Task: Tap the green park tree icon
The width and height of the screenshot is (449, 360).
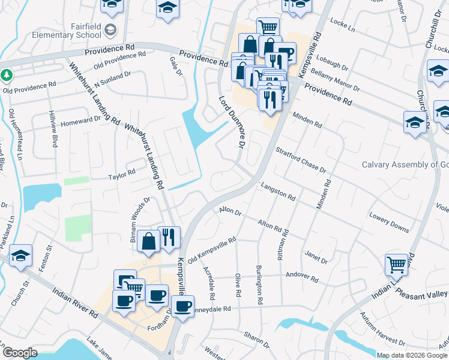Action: tap(7, 76)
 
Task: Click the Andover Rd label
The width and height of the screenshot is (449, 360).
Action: tap(303, 277)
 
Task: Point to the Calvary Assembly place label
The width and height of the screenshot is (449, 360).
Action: tap(405, 165)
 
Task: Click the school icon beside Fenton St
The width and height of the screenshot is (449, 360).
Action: tap(20, 256)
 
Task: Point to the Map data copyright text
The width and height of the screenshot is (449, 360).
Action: tap(412, 355)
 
